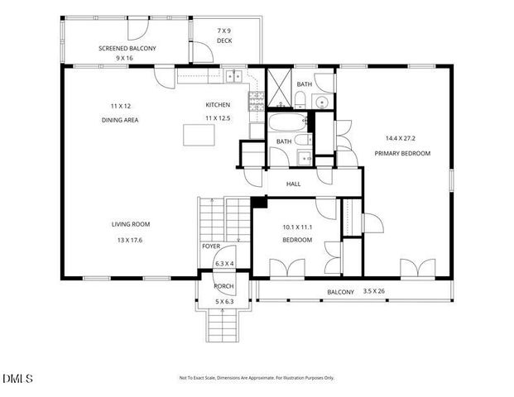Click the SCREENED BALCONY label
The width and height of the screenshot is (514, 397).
pyautogui.click(x=127, y=48)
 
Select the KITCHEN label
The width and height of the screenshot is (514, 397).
pyautogui.click(x=218, y=104)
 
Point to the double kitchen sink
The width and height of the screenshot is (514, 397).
pyautogui.click(x=233, y=76)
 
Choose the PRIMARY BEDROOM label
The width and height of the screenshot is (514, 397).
pyautogui.click(x=402, y=153)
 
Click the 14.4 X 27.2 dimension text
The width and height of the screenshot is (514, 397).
pyautogui.click(x=402, y=137)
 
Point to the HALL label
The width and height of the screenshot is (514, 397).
pyautogui.click(x=293, y=184)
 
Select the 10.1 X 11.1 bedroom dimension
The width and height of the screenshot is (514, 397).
pyautogui.click(x=296, y=226)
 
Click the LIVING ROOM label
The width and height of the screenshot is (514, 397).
pyautogui.click(x=130, y=224)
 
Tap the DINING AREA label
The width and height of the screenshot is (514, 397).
pyautogui.click(x=120, y=120)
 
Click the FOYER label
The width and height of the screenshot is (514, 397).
pyautogui.click(x=211, y=246)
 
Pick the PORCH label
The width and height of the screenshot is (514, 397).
pyautogui.click(x=223, y=286)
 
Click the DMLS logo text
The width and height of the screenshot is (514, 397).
pyautogui.click(x=17, y=379)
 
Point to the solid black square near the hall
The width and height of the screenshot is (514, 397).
pyautogui.click(x=257, y=201)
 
